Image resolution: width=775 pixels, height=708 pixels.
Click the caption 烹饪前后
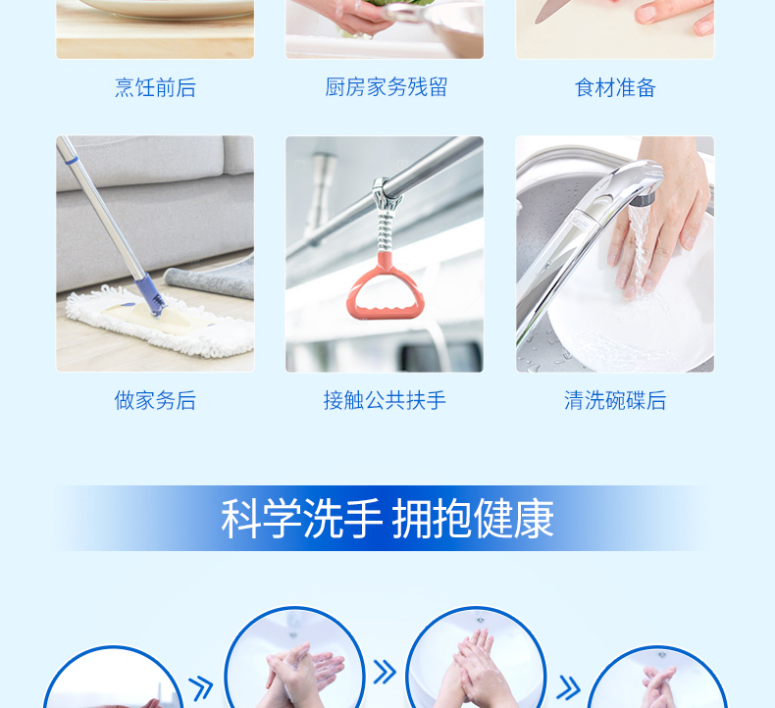pyautogui.click(x=155, y=87)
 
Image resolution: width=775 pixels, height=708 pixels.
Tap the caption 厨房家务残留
pyautogui.click(x=386, y=87)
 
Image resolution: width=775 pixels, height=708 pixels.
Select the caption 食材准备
pyautogui.click(x=615, y=87)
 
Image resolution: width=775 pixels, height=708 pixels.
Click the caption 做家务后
pyautogui.click(x=155, y=400)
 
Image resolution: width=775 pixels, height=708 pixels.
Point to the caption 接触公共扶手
pyautogui.click(x=385, y=400)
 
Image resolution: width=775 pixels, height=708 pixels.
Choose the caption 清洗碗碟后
pyautogui.click(x=615, y=400)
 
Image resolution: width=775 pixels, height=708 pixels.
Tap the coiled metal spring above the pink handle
pyautogui.click(x=385, y=230)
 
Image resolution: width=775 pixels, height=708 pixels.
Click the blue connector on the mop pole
pyautogui.click(x=150, y=294)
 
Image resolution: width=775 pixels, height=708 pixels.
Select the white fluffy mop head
pyautogui.click(x=159, y=324)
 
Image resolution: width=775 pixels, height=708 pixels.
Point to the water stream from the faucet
pyautogui.click(x=637, y=247)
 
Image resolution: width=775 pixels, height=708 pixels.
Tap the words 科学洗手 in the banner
pyautogui.click(x=301, y=519)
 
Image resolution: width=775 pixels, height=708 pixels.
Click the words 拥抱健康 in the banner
pyautogui.click(x=473, y=519)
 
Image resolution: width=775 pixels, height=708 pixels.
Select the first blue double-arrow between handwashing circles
pyautogui.click(x=201, y=688)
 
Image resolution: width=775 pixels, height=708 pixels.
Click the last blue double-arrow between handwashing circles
pyautogui.click(x=568, y=687)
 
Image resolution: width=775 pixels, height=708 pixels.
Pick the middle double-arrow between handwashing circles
pyautogui.click(x=385, y=672)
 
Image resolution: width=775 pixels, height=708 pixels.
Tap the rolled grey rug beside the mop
pyautogui.click(x=210, y=280)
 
